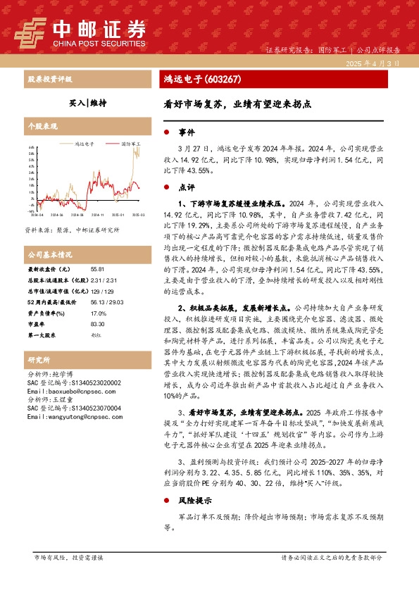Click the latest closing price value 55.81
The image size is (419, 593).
pos(97,270)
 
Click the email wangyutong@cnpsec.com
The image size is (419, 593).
pos(68,417)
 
